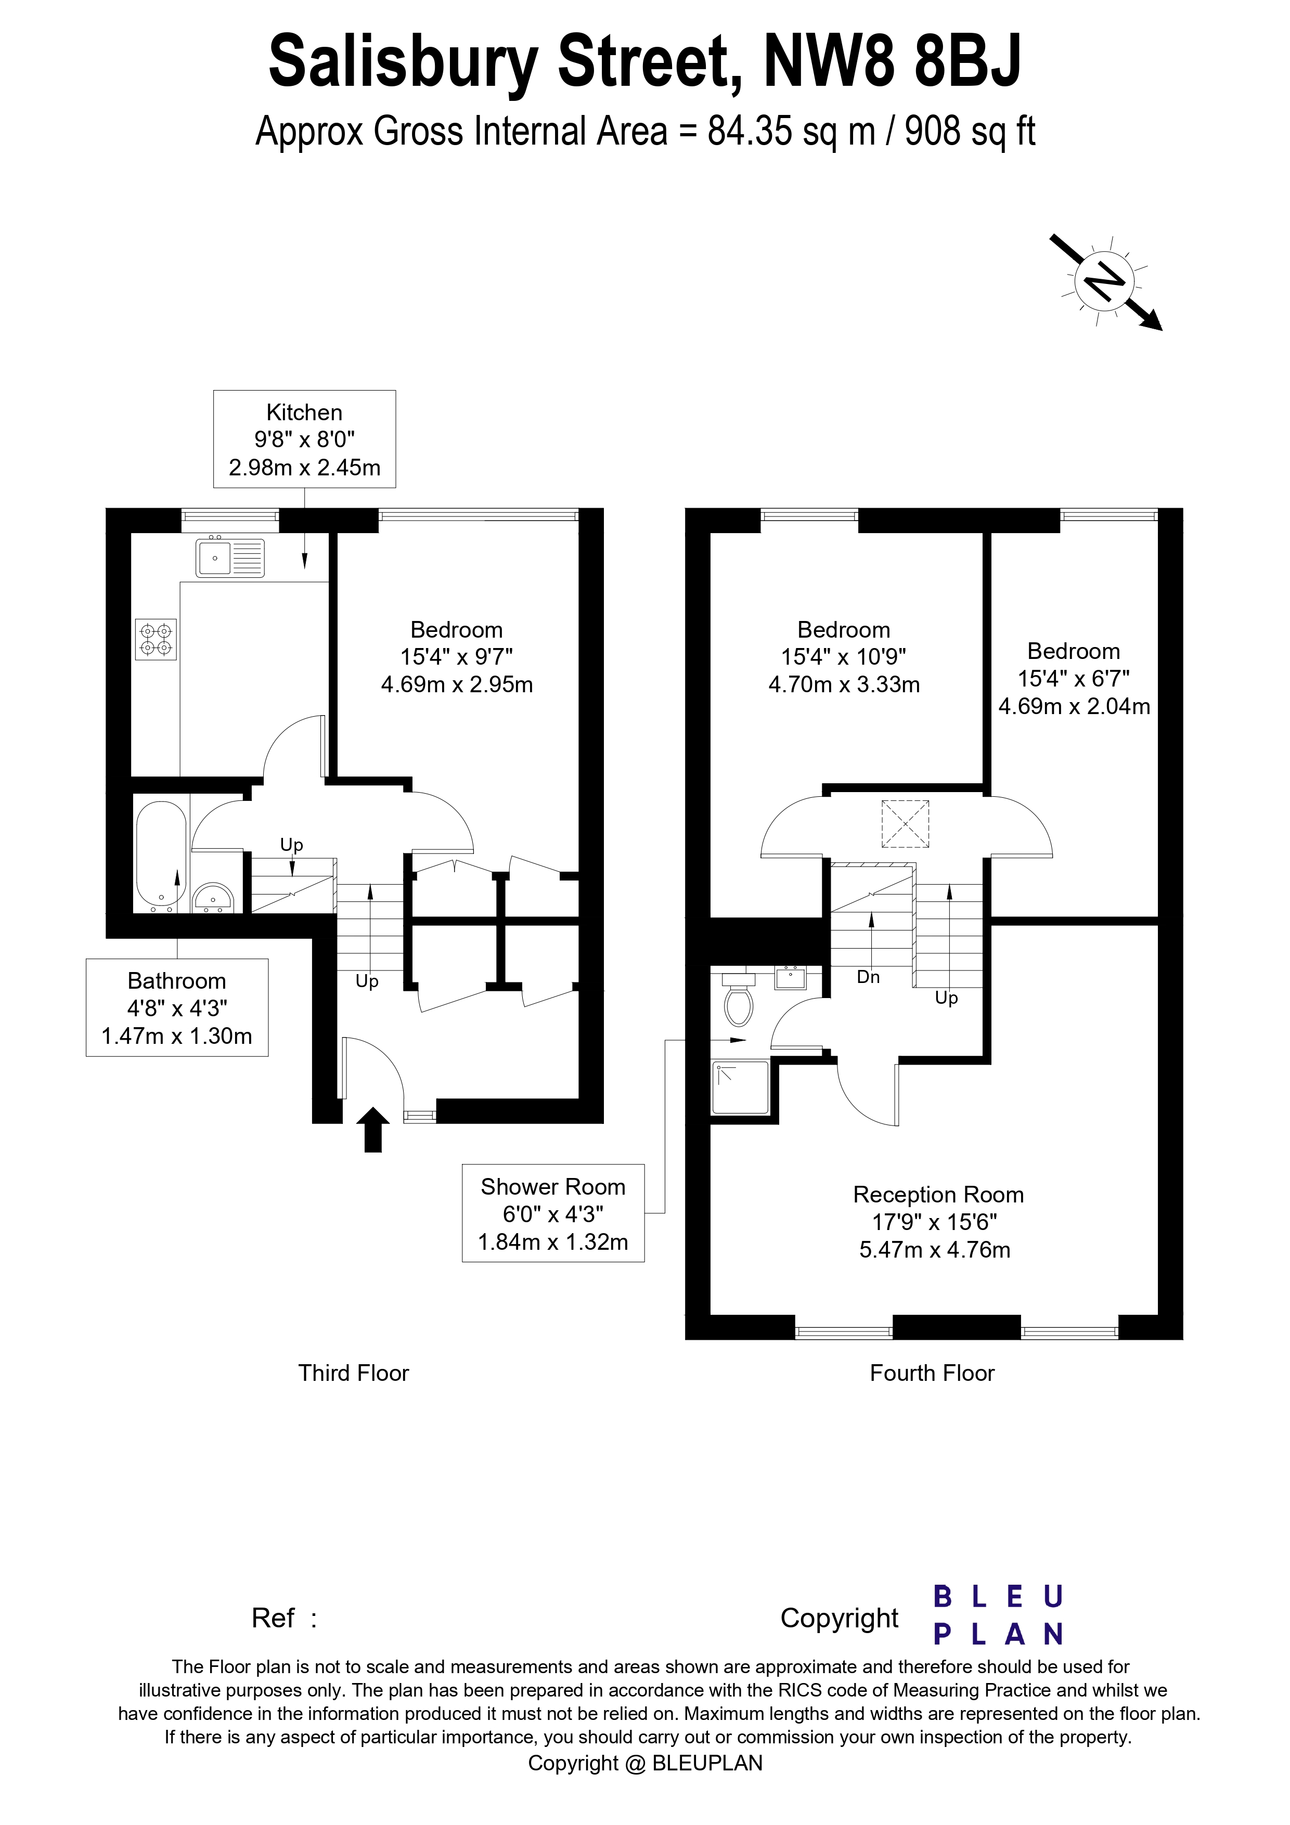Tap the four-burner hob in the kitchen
pos(156,639)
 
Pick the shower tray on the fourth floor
pos(741,1088)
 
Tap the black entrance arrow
pos(373,1130)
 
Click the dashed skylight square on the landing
pos(905,824)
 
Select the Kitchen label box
pos(304,439)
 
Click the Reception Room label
pos(937,1194)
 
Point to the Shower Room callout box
pos(553,1213)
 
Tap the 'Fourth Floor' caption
pos(932,1373)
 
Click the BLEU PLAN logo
pos(998,1616)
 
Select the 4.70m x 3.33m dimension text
pos(844,684)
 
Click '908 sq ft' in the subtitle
pos(970,131)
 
